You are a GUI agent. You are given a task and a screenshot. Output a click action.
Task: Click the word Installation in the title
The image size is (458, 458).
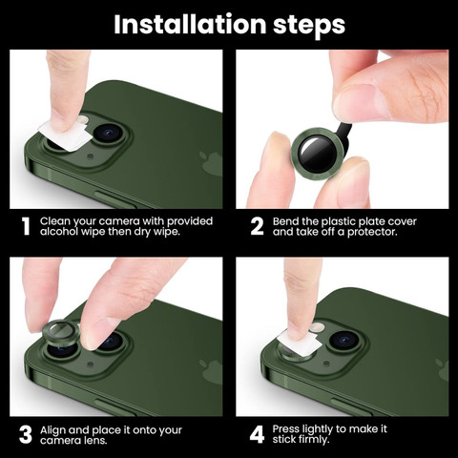(190, 24)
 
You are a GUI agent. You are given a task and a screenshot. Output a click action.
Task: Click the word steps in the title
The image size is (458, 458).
(309, 27)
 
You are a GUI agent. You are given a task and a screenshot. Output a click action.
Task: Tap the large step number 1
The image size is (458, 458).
(26, 226)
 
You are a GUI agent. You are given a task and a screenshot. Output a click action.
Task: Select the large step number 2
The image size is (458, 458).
(257, 226)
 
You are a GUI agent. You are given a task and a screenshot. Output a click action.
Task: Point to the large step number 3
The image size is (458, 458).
(26, 435)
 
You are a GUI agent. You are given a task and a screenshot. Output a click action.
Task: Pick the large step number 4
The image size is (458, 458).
(257, 435)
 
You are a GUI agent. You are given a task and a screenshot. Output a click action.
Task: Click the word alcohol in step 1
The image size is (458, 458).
(59, 232)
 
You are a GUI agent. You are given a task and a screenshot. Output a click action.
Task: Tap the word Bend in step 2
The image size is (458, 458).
(285, 221)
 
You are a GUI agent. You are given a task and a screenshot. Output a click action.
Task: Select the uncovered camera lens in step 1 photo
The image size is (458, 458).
(108, 133)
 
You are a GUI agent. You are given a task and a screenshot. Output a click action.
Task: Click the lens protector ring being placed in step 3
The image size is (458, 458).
(60, 334)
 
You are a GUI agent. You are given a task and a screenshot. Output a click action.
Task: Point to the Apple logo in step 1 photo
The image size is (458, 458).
(211, 162)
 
